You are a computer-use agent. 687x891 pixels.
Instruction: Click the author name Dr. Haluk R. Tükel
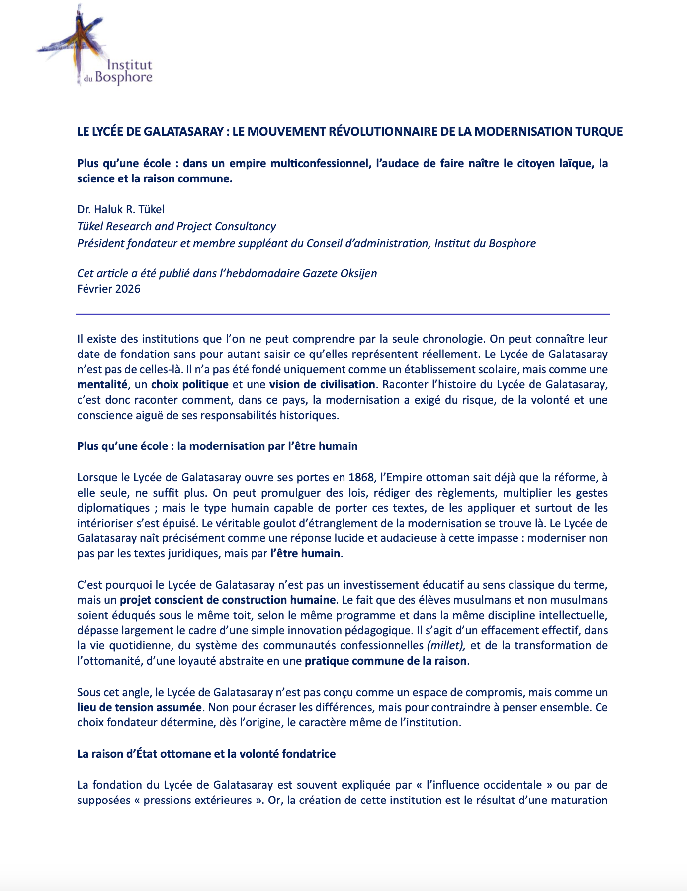click(121, 209)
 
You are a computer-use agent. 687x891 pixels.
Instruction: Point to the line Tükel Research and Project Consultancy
click(176, 226)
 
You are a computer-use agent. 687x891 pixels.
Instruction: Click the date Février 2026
click(109, 289)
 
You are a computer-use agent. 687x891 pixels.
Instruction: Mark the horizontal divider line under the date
click(343, 314)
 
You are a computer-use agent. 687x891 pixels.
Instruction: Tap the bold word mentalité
click(102, 384)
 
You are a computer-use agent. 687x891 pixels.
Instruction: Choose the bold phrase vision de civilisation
click(322, 384)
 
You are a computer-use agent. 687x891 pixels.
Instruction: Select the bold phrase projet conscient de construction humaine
click(228, 600)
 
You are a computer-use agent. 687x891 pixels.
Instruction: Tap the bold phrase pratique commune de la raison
click(386, 661)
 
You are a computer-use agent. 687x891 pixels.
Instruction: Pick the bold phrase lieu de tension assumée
click(140, 707)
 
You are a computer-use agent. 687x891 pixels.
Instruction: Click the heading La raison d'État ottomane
click(206, 754)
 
